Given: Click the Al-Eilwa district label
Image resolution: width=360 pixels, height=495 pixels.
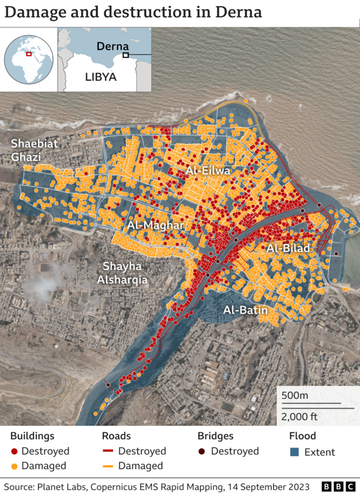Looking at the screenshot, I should (x=208, y=171).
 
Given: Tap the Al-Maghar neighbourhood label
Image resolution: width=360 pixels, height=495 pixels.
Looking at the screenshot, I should (x=155, y=225).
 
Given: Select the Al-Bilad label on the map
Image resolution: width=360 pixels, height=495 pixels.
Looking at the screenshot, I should (x=288, y=248).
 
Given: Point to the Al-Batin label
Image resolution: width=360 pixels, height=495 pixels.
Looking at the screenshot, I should (x=246, y=310).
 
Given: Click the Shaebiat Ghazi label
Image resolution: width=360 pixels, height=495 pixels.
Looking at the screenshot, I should (x=35, y=150).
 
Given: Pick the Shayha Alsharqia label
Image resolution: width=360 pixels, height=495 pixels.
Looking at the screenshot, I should (x=125, y=273).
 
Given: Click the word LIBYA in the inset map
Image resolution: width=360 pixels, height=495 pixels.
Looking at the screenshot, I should (x=101, y=76).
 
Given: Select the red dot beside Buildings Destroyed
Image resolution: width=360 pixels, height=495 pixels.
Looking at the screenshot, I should (x=14, y=451).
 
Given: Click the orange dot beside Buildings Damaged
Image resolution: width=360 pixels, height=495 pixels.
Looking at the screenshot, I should (x=14, y=466).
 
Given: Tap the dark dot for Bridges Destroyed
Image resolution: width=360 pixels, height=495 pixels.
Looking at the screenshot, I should (x=202, y=451).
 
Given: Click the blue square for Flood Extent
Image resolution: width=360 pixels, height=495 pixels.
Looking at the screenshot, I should (x=294, y=452).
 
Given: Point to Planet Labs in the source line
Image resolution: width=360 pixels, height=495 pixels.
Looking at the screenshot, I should (x=61, y=486).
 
